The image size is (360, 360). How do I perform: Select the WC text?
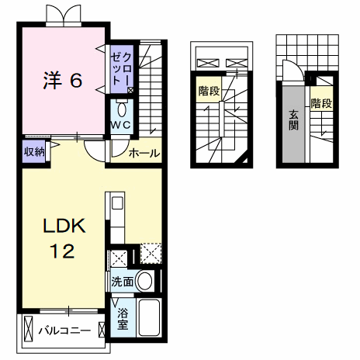click(x=123, y=124)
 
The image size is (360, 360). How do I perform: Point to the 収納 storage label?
click(x=33, y=151)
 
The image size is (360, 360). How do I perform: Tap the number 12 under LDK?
click(x=63, y=251)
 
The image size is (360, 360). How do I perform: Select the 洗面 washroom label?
click(x=121, y=281)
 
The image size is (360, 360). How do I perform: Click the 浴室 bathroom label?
click(x=122, y=319)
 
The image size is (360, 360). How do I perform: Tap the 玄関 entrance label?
click(x=294, y=120)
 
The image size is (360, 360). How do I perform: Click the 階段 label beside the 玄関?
click(x=320, y=102)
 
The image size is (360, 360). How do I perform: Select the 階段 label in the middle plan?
click(x=209, y=92)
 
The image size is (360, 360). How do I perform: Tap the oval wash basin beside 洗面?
click(x=144, y=282)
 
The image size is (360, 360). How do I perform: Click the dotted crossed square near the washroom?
click(x=151, y=253)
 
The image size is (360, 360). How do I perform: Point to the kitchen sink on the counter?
click(x=117, y=205)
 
